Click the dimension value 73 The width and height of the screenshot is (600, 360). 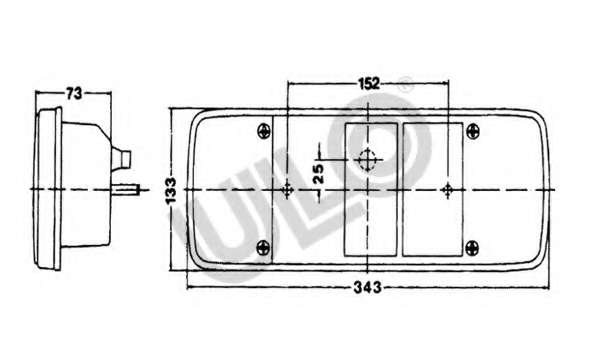click(x=74, y=93)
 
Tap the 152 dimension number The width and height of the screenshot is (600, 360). click(x=369, y=83)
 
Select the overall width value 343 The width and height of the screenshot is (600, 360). click(x=367, y=287)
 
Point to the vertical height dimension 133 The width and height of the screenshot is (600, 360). click(x=171, y=191)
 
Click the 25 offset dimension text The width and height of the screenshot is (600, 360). click(x=318, y=173)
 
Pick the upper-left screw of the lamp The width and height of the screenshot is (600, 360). click(x=264, y=131)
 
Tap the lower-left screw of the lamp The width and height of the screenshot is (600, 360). click(x=263, y=248)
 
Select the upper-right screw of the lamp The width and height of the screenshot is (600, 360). click(x=473, y=132)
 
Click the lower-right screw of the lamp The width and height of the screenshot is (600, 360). click(x=472, y=248)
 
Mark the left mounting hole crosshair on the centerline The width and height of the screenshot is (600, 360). click(x=287, y=190)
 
